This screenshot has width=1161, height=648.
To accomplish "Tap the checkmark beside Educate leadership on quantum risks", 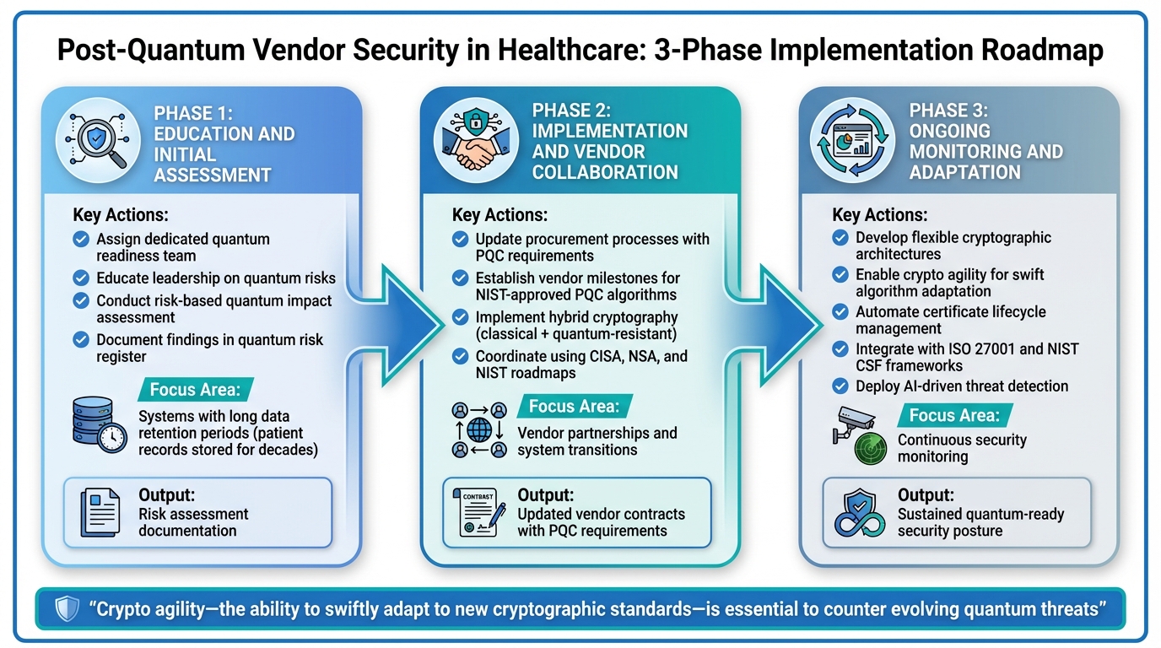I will (81, 278).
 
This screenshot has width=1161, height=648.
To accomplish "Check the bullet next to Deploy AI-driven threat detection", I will (840, 386).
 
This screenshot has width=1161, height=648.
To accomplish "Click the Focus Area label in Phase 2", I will (574, 407).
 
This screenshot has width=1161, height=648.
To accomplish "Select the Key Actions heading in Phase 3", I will (879, 215).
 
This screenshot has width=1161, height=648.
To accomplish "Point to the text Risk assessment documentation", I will (193, 522).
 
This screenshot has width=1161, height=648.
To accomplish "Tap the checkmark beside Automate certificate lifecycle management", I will (840, 312).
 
